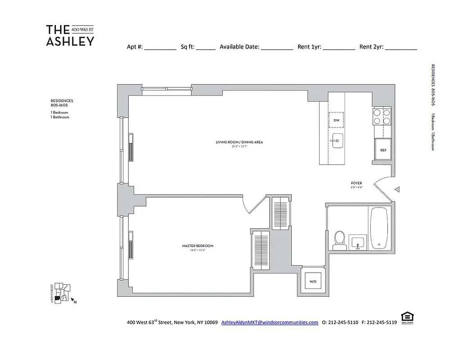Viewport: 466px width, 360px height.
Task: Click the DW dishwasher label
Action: click(x=336, y=120)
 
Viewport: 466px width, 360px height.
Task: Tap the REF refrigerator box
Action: click(x=383, y=150)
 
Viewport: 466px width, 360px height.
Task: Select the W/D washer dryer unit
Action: click(x=313, y=282)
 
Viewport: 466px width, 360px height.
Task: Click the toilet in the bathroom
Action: click(x=339, y=240)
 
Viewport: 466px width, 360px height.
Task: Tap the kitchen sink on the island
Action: click(x=337, y=140)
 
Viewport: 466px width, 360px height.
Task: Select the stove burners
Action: click(x=381, y=117)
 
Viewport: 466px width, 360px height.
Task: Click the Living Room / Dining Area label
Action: click(x=239, y=142)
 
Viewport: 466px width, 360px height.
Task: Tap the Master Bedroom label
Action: click(x=198, y=246)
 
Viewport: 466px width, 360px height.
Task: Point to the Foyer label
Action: click(x=357, y=183)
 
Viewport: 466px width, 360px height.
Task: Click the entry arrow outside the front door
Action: click(x=397, y=190)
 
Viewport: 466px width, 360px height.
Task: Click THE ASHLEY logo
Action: click(x=70, y=36)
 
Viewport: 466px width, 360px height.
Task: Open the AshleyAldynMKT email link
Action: click(x=270, y=323)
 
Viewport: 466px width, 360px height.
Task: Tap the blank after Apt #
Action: click(x=160, y=47)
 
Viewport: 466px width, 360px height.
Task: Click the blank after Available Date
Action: click(x=277, y=47)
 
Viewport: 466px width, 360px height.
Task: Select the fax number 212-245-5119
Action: click(x=381, y=323)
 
